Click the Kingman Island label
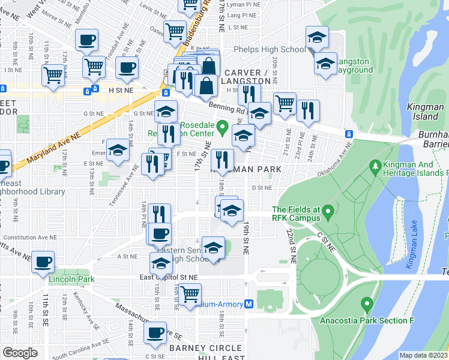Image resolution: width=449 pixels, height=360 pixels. tap(426, 111)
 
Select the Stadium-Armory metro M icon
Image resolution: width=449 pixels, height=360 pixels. tap(249, 304)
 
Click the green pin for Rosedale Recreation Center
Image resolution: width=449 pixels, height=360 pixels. tap(223, 127)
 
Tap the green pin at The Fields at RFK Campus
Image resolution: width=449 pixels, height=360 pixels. tap(328, 212)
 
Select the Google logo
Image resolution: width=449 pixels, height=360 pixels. tap(20, 352)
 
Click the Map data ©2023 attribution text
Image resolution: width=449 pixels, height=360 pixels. tap(424, 355)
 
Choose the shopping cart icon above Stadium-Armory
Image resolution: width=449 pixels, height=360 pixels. tap(190, 295)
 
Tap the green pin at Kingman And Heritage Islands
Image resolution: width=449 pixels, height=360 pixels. tap(376, 164)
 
